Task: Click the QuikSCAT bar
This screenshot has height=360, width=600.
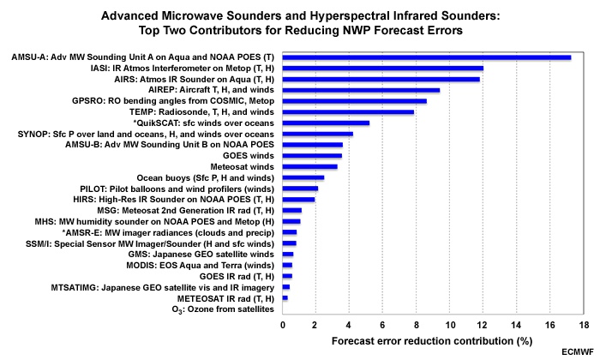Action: pyautogui.click(x=326, y=123)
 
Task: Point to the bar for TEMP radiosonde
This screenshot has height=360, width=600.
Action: pyautogui.click(x=348, y=111)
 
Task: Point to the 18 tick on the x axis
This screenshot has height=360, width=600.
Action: pyautogui.click(x=584, y=327)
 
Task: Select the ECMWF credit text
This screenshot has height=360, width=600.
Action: pyautogui.click(x=577, y=352)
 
